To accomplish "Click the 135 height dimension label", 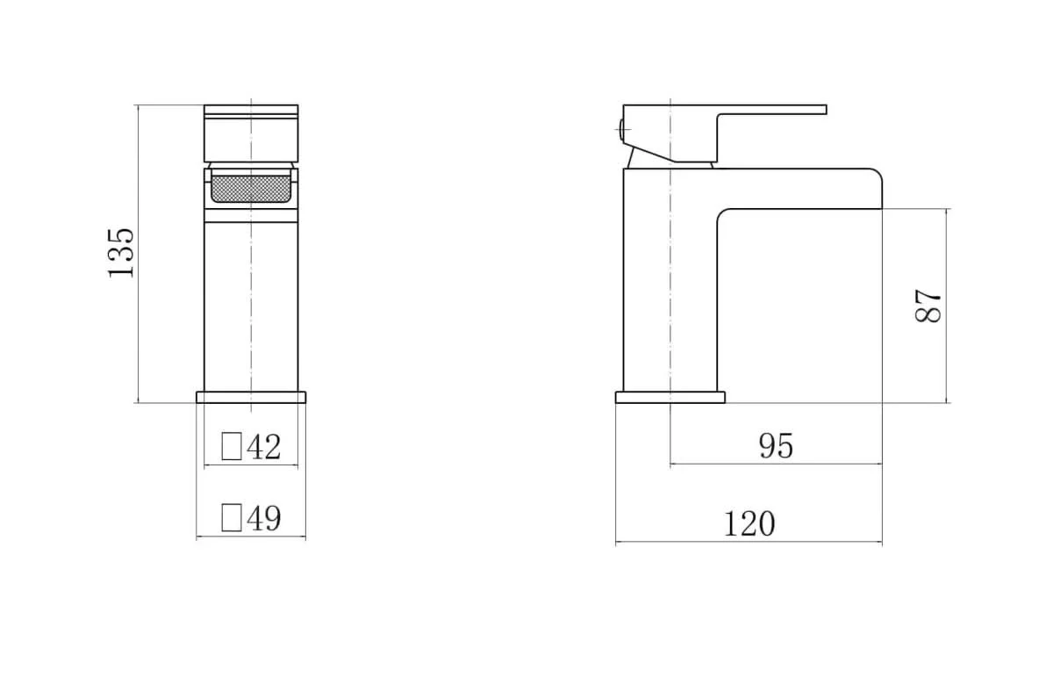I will click(x=121, y=253).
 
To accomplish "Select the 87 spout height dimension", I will click(x=929, y=306).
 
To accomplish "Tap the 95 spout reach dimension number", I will click(x=776, y=447).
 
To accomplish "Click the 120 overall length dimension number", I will click(x=749, y=524).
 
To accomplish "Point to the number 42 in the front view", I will click(x=263, y=447).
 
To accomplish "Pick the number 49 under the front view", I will click(x=263, y=518).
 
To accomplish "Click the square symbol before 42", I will click(x=232, y=446).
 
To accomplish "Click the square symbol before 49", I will click(x=232, y=517).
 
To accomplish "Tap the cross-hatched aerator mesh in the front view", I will click(x=251, y=188).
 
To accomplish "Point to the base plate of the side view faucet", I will click(x=670, y=397).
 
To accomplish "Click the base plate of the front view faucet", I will click(x=251, y=397).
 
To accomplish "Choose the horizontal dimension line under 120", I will click(x=749, y=543).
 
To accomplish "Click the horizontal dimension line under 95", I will click(x=776, y=464).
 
